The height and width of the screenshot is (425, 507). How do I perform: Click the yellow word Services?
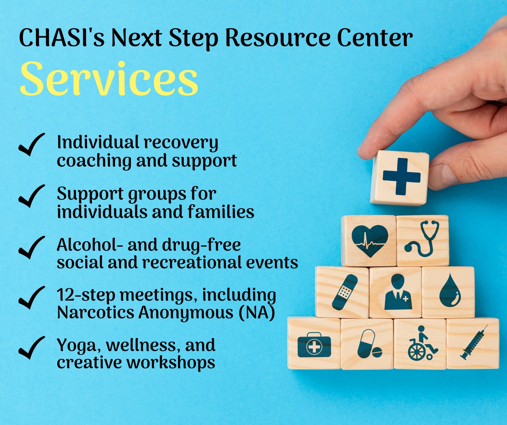(109, 79)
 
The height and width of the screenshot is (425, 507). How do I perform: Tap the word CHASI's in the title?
(61, 37)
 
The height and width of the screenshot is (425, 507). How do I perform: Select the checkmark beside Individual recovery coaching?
(31, 145)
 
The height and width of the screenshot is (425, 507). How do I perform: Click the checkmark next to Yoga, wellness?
(31, 348)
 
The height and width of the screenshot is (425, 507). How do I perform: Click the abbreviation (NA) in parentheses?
(257, 312)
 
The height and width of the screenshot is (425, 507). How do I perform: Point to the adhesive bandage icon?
(344, 292)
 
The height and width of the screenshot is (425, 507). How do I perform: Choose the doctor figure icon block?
(396, 292)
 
